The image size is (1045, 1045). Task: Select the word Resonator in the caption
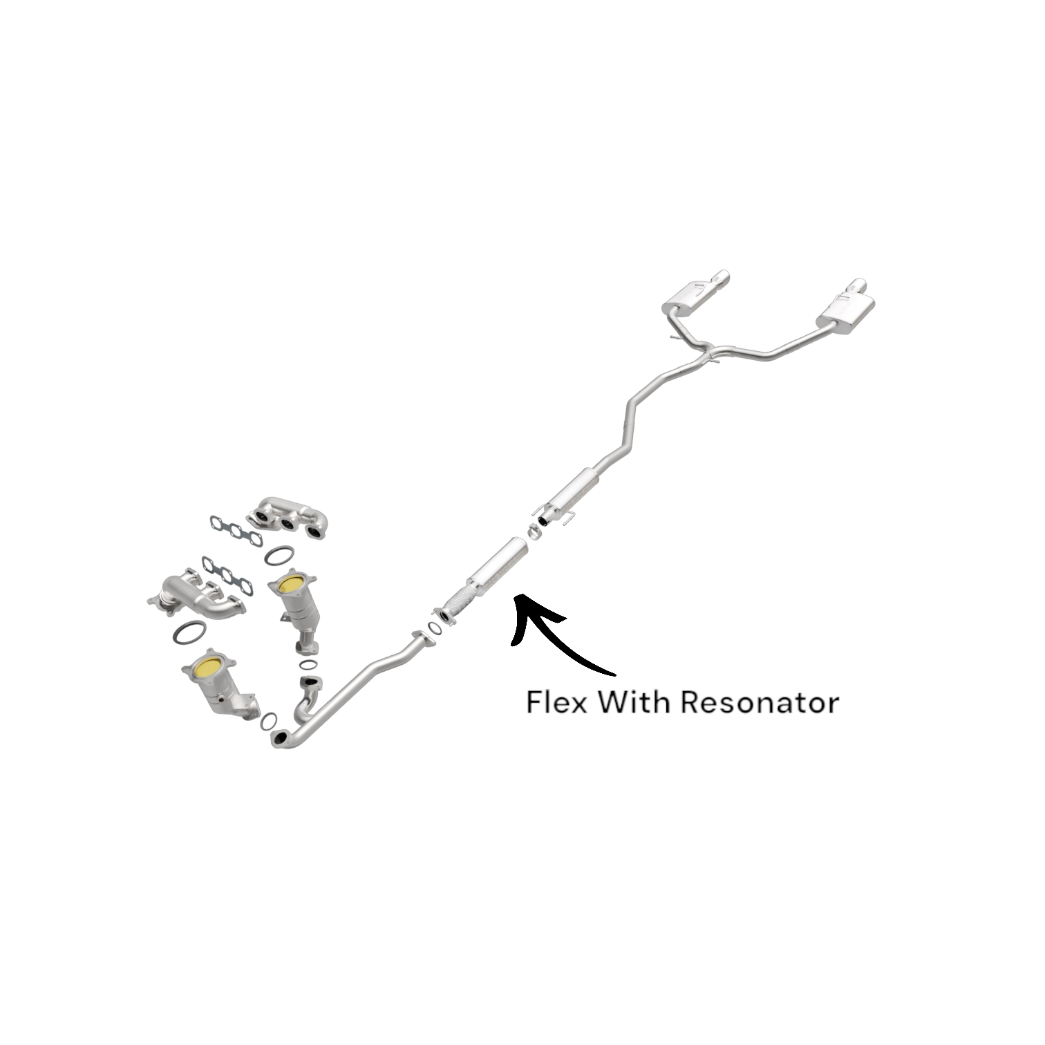pos(760,702)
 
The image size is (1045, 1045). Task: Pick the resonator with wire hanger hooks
pos(576,491)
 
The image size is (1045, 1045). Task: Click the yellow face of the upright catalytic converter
pos(290,585)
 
